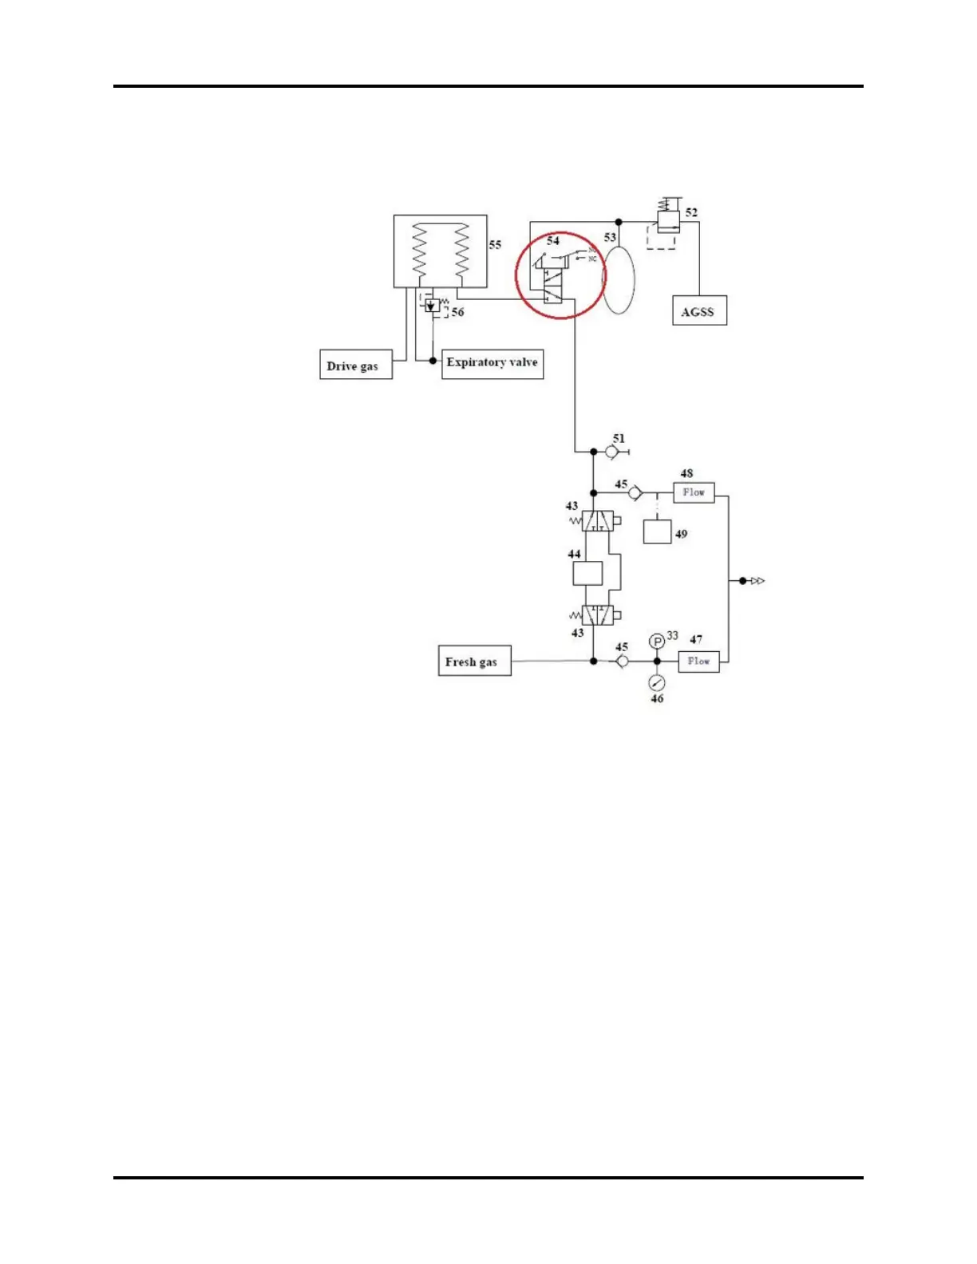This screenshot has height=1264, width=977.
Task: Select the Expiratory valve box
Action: (x=492, y=363)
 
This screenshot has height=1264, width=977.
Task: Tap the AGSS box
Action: (x=698, y=311)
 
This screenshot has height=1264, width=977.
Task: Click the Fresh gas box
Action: (x=474, y=661)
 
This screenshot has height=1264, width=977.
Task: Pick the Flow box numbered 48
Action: (x=694, y=492)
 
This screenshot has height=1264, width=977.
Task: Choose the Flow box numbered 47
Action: (x=698, y=661)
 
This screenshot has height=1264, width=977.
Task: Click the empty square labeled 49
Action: (x=657, y=531)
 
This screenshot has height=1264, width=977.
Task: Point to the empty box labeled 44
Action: (x=587, y=573)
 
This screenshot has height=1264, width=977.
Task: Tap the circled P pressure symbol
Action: (x=657, y=642)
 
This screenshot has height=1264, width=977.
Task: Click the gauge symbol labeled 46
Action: (x=657, y=682)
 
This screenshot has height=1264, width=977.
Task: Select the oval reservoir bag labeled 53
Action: (x=619, y=279)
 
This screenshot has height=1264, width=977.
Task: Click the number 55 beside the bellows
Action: (x=495, y=245)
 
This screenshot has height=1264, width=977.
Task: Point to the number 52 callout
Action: (x=691, y=212)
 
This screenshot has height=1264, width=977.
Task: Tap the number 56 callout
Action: (x=457, y=312)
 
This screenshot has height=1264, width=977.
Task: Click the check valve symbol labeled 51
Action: (x=611, y=452)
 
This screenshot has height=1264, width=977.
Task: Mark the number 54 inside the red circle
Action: (x=553, y=240)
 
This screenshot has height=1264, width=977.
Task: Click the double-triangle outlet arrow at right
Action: (x=757, y=581)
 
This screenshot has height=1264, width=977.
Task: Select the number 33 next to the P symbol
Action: (x=673, y=635)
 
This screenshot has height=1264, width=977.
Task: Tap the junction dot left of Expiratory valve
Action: (x=433, y=361)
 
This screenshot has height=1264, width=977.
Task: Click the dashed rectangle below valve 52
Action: (x=661, y=238)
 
